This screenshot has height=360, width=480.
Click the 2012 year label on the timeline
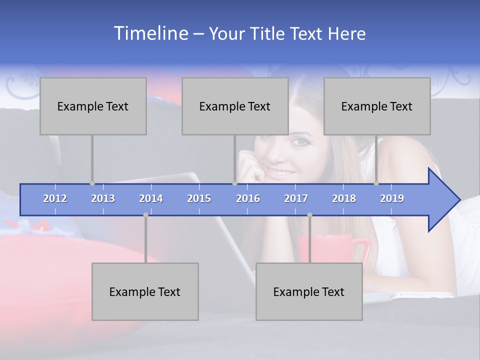(55, 198)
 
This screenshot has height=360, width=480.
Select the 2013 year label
(103, 198)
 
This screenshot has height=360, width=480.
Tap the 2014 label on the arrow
(151, 198)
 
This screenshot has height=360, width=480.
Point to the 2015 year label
(199, 198)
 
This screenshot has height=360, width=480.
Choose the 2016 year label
(248, 198)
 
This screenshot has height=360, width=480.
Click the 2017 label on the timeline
(296, 198)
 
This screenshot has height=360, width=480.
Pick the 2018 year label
(344, 198)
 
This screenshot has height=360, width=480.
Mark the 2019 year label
(392, 198)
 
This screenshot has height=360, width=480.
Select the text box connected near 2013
(93, 106)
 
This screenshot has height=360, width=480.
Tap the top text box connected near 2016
(235, 106)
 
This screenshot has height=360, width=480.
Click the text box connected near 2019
(377, 106)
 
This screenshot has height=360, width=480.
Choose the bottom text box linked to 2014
(145, 291)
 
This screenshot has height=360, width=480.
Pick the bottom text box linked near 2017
(309, 291)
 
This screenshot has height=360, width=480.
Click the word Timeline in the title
(150, 33)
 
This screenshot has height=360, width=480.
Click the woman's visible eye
(300, 142)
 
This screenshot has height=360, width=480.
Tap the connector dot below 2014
(145, 215)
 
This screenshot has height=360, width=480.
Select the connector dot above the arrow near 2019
(376, 183)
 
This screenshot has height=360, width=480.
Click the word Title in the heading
(269, 33)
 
